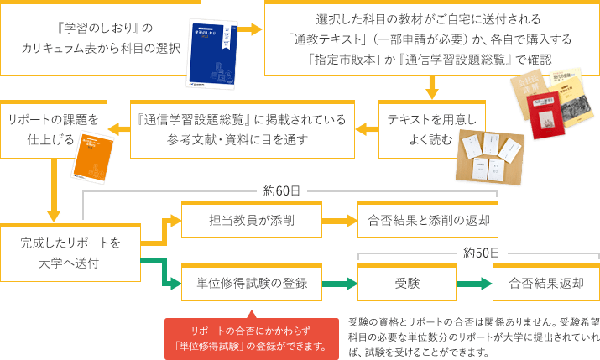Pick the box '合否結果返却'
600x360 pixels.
545,283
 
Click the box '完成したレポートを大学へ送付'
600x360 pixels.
70,252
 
